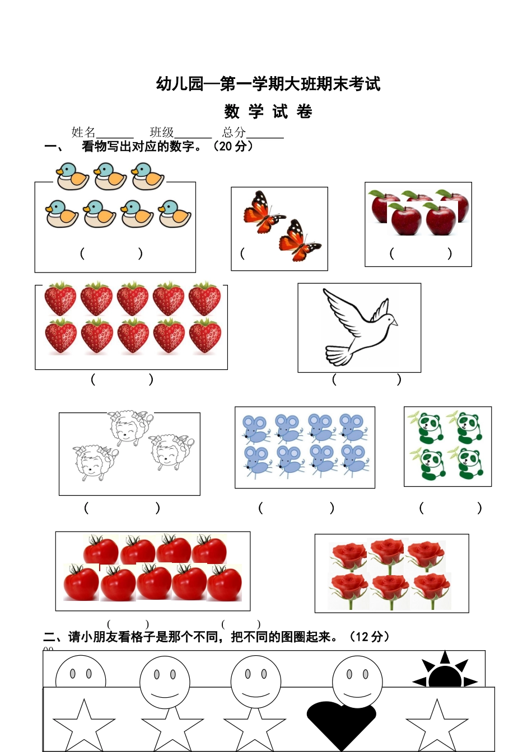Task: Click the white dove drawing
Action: pyautogui.click(x=360, y=327)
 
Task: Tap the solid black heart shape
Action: pyautogui.click(x=341, y=722)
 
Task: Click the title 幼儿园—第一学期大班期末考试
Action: pyautogui.click(x=268, y=84)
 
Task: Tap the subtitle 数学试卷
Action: pyautogui.click(x=268, y=111)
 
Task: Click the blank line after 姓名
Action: pyautogui.click(x=115, y=134)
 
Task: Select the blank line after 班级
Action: pyautogui.click(x=193, y=134)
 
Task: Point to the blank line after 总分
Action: pyautogui.click(x=265, y=134)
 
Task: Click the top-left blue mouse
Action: pyautogui.click(x=255, y=429)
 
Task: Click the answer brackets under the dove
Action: pyautogui.click(x=366, y=379)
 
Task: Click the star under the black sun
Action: pyautogui.click(x=437, y=725)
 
